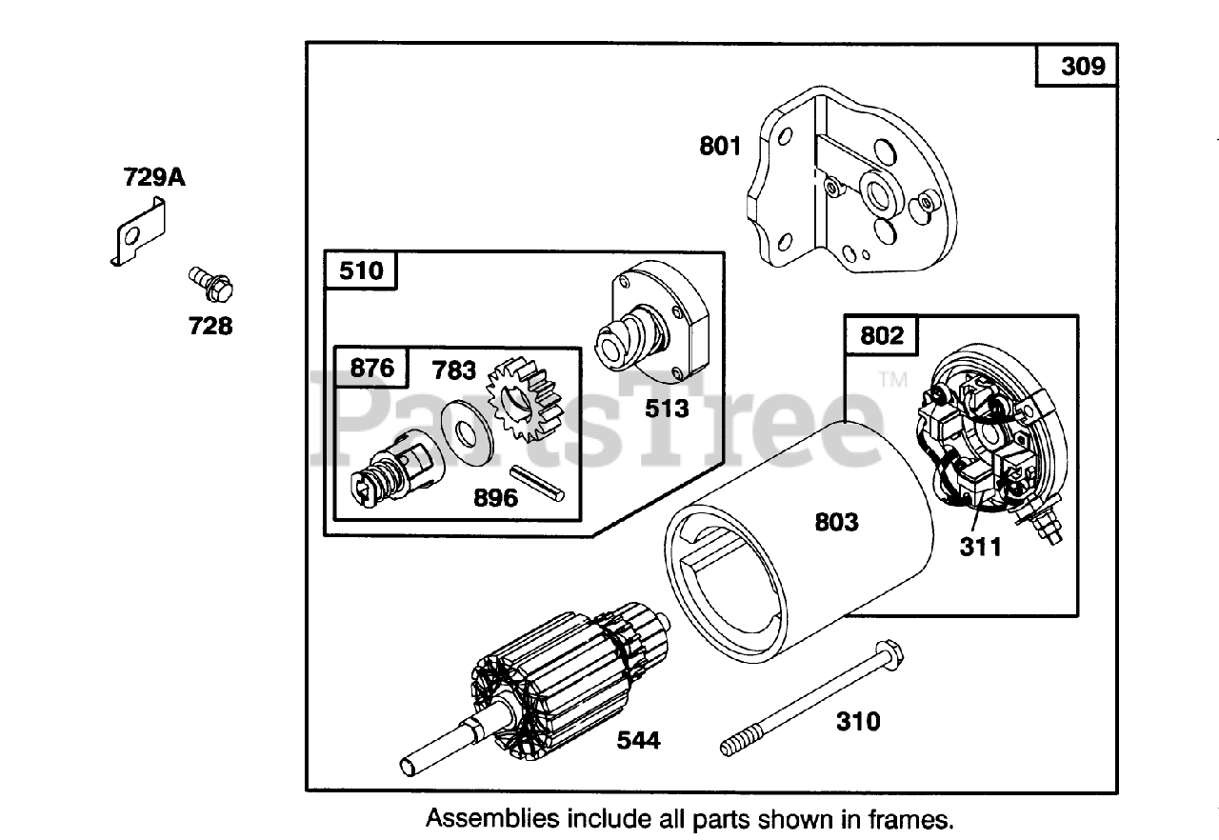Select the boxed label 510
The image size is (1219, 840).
[x=361, y=270]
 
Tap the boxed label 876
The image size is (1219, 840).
[x=371, y=368]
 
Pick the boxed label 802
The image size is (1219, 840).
[x=882, y=335]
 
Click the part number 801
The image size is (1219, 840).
[x=720, y=147]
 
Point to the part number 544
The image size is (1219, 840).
[x=638, y=739]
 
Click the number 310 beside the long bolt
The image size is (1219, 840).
[x=858, y=721]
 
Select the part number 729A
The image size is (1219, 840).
[x=153, y=177]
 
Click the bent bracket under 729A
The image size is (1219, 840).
[x=139, y=234]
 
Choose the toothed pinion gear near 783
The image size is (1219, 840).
[x=525, y=411]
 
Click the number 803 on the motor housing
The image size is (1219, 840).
[x=836, y=521]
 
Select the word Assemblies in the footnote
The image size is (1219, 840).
[x=491, y=817]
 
